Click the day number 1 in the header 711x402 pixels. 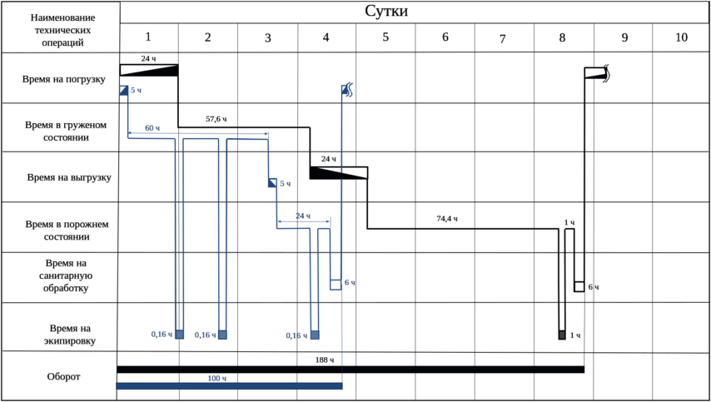(x=148, y=37)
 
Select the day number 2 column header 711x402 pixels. (x=207, y=37)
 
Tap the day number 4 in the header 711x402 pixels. (x=326, y=37)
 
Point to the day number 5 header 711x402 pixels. (x=385, y=37)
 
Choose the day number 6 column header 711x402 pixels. (x=445, y=37)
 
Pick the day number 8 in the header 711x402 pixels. (x=564, y=37)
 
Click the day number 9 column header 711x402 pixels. (x=624, y=37)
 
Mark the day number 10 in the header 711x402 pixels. (x=682, y=37)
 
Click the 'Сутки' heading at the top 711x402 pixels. (x=385, y=11)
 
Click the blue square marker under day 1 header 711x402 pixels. (x=124, y=89)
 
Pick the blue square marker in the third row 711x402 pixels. (x=272, y=182)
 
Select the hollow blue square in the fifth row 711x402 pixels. (x=336, y=284)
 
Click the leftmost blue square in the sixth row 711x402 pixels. (x=179, y=335)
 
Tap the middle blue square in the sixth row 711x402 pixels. (x=222, y=335)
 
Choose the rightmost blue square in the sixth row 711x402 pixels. (x=314, y=335)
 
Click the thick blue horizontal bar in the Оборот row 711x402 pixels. (x=229, y=385)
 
